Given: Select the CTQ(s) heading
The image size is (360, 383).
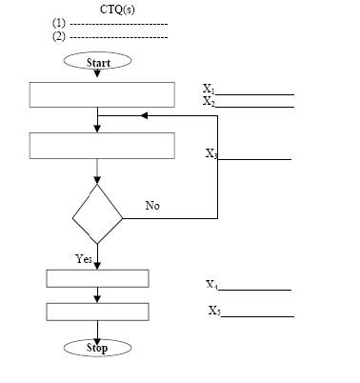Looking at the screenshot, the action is point(117,10).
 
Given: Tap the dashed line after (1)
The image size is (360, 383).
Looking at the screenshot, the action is point(119,24).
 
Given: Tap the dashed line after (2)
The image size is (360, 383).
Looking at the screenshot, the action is point(119,37).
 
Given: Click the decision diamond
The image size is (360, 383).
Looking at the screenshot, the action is point(72,218).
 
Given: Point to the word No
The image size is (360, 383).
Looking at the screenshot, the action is point(152,206).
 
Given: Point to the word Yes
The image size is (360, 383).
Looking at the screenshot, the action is point(84,259).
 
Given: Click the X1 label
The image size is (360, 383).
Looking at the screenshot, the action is point(209,89).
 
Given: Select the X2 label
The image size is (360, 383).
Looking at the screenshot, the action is point(209,101).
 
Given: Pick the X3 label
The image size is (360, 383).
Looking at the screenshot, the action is point(211,154).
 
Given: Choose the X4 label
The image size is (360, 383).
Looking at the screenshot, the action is point(211,285).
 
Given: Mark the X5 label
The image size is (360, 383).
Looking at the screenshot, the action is point(214,311).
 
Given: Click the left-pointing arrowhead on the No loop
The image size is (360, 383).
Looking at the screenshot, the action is point(144,115).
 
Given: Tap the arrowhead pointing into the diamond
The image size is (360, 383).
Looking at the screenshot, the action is point(97,181).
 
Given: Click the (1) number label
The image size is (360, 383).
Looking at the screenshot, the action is point(59,23).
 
